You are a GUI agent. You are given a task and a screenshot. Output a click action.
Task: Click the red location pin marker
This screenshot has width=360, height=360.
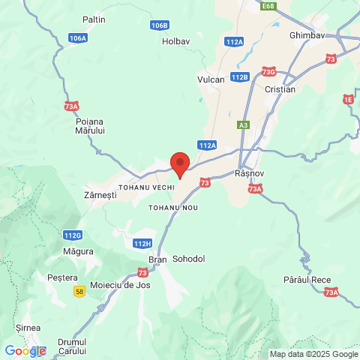(x=180, y=163)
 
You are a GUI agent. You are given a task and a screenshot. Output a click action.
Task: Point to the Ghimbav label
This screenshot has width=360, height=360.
(x=306, y=34)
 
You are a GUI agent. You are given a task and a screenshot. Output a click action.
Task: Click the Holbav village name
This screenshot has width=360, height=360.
(x=178, y=41)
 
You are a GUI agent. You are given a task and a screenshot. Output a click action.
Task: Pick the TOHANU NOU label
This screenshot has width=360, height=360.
(x=172, y=206)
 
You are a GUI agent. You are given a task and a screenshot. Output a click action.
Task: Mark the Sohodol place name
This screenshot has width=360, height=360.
(x=189, y=259)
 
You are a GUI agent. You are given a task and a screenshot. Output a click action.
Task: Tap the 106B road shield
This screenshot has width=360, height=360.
(x=159, y=25)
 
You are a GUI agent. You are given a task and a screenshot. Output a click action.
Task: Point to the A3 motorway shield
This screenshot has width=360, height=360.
(x=243, y=125)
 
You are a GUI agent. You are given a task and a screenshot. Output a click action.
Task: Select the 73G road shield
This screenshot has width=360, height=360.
(x=269, y=72)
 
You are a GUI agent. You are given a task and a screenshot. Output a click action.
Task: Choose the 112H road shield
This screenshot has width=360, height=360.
(x=142, y=244)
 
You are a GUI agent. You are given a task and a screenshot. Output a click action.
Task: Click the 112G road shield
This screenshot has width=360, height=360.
(x=73, y=235)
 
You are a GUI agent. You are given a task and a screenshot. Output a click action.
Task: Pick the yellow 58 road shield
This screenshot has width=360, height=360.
(x=79, y=291)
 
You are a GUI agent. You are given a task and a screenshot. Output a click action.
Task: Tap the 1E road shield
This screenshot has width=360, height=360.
(x=348, y=99)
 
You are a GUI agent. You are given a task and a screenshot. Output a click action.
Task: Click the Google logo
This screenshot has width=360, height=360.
(x=25, y=351)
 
